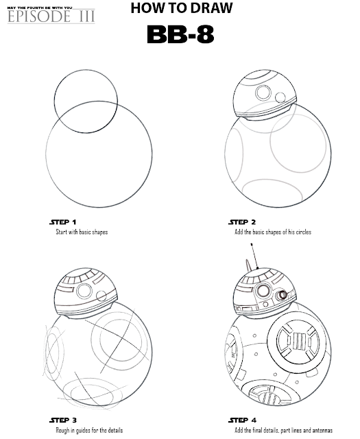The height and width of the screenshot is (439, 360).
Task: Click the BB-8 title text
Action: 180,34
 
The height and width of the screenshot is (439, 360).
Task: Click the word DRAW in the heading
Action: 209,8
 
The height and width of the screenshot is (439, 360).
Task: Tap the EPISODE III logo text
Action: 51,16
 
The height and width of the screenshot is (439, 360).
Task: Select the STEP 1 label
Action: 62,222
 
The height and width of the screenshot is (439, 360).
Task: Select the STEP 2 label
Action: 242,222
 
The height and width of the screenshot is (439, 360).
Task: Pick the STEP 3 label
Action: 63,420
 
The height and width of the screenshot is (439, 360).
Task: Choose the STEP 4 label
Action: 243,420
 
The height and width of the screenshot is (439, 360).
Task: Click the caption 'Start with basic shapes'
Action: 82,232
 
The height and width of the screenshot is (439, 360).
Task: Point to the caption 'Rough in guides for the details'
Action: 89,430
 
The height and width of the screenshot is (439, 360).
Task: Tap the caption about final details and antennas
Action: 284,430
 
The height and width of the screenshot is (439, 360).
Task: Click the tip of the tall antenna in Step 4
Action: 252,244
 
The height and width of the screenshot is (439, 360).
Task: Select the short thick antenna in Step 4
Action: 248,265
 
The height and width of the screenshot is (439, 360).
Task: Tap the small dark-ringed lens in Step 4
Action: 281,295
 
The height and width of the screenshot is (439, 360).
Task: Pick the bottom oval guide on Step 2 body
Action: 272,180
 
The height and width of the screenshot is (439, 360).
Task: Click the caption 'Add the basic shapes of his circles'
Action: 273,232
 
